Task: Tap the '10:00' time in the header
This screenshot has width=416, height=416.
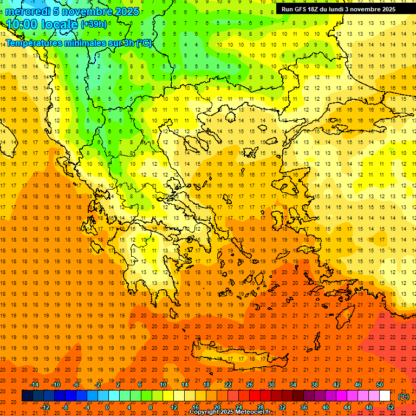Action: [x=21, y=24]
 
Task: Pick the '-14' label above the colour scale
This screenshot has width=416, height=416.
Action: [x=35, y=385]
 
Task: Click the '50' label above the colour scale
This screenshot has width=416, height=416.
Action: [x=380, y=385]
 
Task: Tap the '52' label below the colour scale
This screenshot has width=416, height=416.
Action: [x=391, y=407]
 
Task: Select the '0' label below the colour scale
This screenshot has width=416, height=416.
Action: [x=107, y=407]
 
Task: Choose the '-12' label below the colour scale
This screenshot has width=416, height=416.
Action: [x=45, y=407]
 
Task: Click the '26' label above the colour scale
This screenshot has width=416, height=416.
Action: [x=250, y=385]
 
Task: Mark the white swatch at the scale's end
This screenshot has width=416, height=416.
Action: [x=385, y=396]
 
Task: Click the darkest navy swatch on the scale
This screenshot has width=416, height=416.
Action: [x=27, y=396]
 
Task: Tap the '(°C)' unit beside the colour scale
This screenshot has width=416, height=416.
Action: [x=404, y=396]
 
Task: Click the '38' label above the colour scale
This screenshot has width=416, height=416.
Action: [x=315, y=385]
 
